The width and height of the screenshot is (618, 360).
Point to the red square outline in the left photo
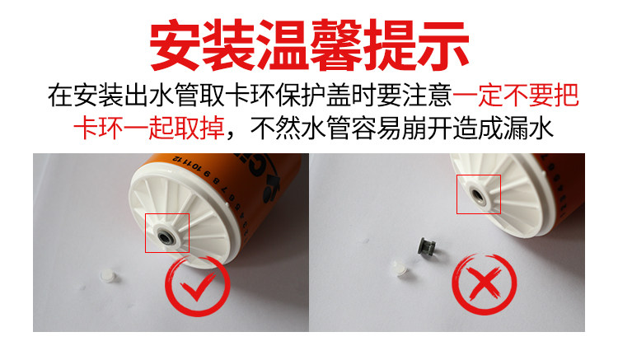[167, 232]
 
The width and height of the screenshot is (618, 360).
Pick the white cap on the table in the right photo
[398, 265]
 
